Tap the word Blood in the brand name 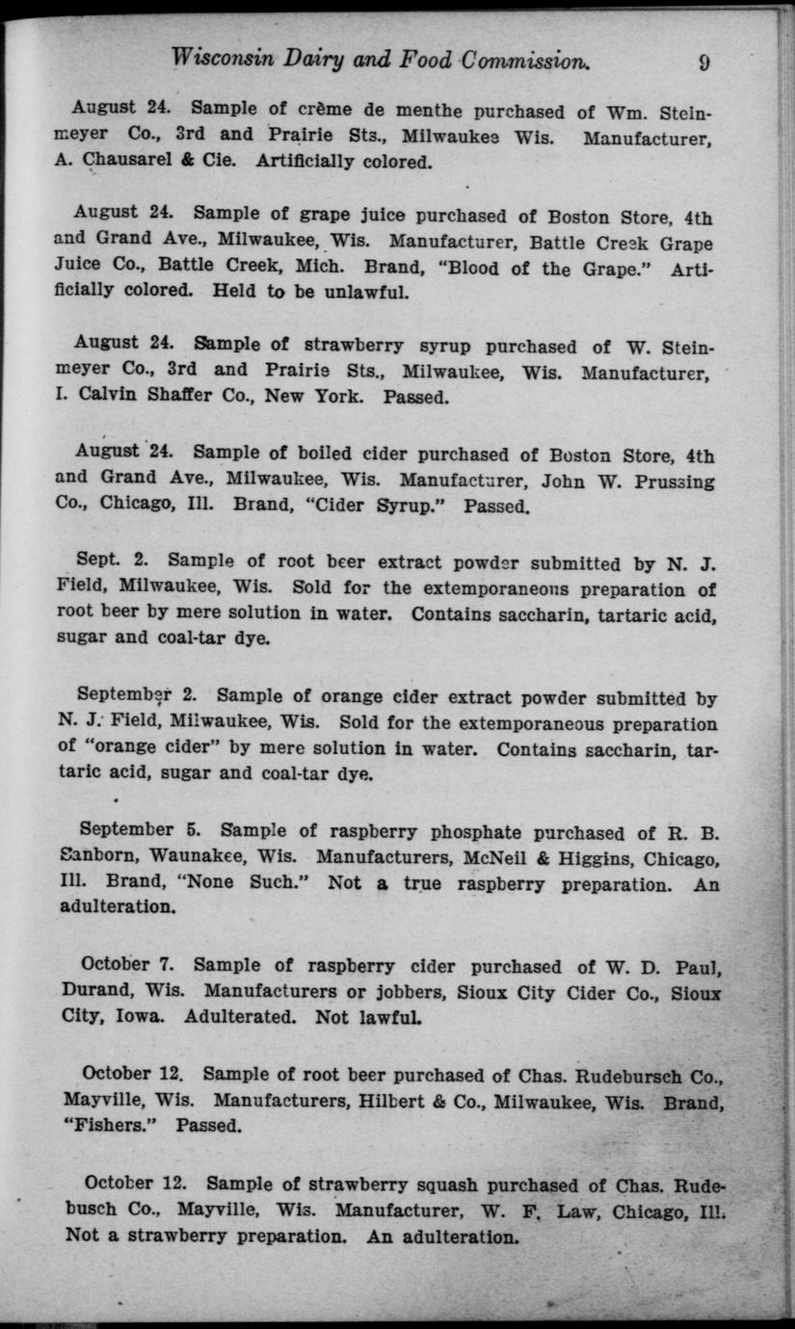[464, 269]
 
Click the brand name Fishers [116, 1125]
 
